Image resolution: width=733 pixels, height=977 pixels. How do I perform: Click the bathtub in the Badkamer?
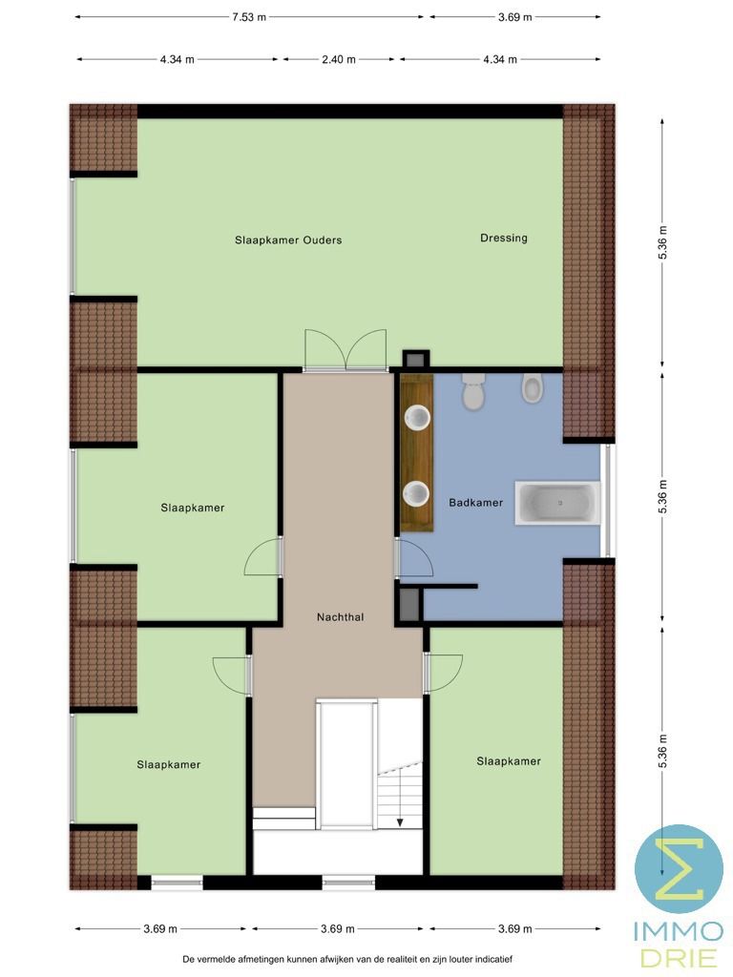(x=558, y=502)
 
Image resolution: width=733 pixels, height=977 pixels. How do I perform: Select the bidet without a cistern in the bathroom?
(x=533, y=388)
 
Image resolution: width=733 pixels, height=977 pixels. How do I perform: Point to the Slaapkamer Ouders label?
(x=288, y=240)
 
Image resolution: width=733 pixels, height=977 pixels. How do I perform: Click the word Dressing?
(x=503, y=239)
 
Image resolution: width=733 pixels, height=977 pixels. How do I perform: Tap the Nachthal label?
(x=340, y=617)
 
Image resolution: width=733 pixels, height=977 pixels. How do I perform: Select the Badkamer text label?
(x=475, y=503)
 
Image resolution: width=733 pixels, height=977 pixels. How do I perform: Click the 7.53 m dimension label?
(x=250, y=17)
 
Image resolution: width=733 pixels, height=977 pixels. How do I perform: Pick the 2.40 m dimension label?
(x=338, y=59)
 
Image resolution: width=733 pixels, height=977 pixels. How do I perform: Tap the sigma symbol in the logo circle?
(x=680, y=868)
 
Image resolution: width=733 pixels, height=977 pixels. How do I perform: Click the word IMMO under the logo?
(x=679, y=930)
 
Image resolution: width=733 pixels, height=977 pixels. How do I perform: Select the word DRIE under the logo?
(x=679, y=956)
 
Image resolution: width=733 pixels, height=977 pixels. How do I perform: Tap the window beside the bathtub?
(x=608, y=500)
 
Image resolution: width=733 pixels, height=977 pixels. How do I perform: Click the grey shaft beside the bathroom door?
(x=408, y=605)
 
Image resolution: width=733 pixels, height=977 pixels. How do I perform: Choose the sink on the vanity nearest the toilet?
(x=416, y=417)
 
